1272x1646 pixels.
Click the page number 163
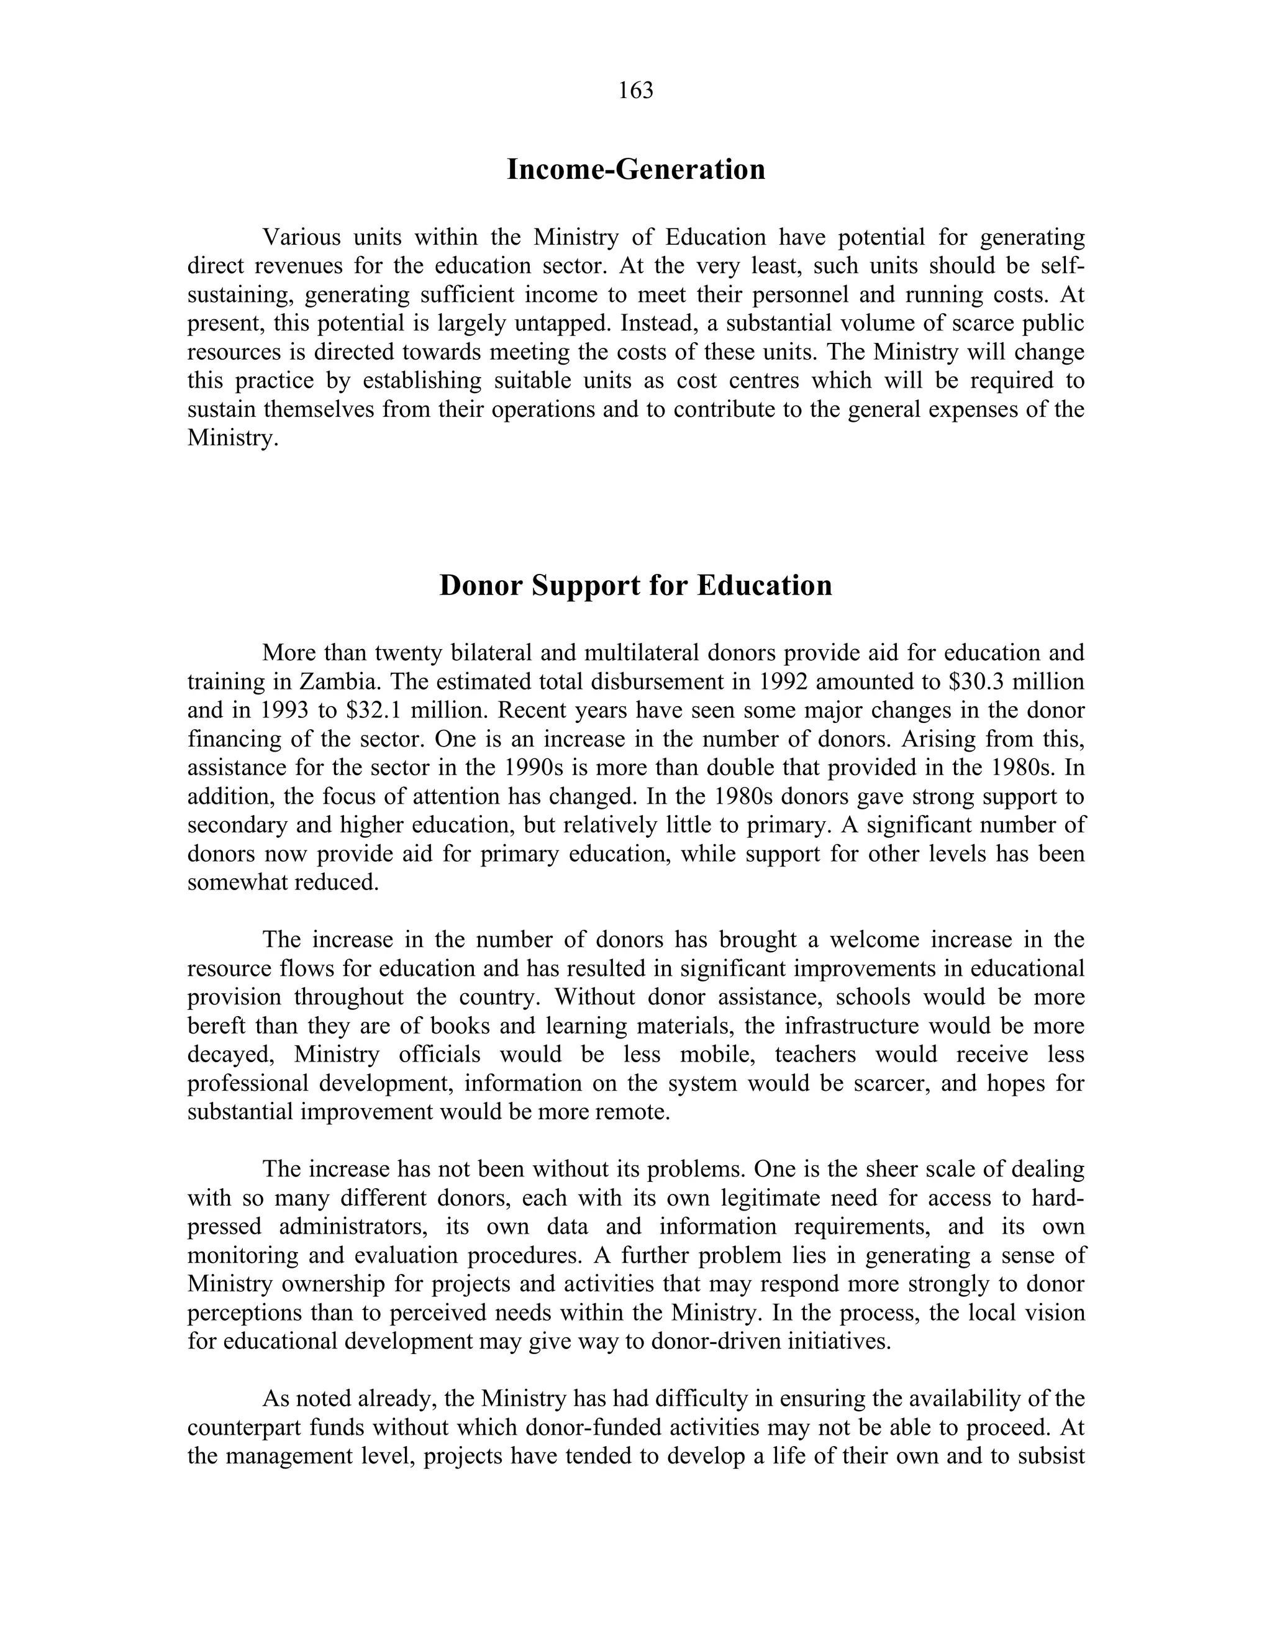(635, 91)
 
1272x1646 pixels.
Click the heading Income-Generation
(635, 170)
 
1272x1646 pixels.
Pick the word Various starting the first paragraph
(301, 237)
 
